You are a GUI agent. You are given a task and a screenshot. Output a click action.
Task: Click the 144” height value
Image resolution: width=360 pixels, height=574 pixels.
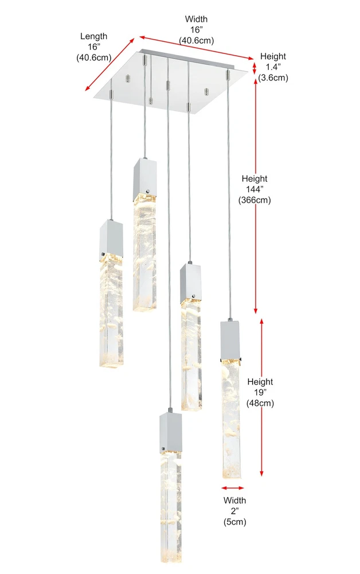click(x=255, y=189)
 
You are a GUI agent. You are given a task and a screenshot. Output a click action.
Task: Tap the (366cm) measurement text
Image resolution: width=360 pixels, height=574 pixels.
click(x=255, y=200)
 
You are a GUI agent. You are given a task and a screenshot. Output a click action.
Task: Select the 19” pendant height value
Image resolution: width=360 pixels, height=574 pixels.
click(x=260, y=393)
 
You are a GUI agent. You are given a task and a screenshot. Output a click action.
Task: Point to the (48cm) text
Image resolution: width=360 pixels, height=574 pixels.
click(x=260, y=403)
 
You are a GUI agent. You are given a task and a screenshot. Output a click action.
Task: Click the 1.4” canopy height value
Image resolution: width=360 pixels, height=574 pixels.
click(x=273, y=67)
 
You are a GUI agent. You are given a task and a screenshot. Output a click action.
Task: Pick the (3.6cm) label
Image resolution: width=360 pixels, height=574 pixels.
click(x=273, y=77)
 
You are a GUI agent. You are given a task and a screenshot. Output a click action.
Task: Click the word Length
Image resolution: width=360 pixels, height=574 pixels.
click(x=94, y=36)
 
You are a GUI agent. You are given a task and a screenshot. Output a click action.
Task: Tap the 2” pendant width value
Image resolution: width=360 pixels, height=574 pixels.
click(x=234, y=511)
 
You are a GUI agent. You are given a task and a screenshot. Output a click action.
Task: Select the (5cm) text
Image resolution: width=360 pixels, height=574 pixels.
click(x=234, y=522)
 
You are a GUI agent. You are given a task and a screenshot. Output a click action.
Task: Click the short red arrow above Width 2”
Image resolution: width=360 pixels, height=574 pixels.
click(x=232, y=488)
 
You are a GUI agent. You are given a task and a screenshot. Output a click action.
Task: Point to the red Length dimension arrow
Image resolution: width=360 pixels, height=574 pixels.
click(x=110, y=64)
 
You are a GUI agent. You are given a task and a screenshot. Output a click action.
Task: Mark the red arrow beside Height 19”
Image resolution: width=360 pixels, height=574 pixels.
click(x=261, y=397)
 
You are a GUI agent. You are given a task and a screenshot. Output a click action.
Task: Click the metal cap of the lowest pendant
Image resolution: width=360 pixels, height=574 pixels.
click(x=171, y=433)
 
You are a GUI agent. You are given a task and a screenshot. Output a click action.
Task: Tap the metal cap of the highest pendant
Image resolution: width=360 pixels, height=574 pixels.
click(x=145, y=179)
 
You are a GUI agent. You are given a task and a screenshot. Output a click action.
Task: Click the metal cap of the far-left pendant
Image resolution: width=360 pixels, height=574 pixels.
click(x=111, y=241)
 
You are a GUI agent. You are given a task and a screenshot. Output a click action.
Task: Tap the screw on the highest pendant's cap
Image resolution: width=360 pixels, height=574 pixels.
click(x=148, y=191)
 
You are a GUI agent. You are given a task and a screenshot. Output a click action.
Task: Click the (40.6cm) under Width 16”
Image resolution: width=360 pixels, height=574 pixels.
click(x=196, y=40)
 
